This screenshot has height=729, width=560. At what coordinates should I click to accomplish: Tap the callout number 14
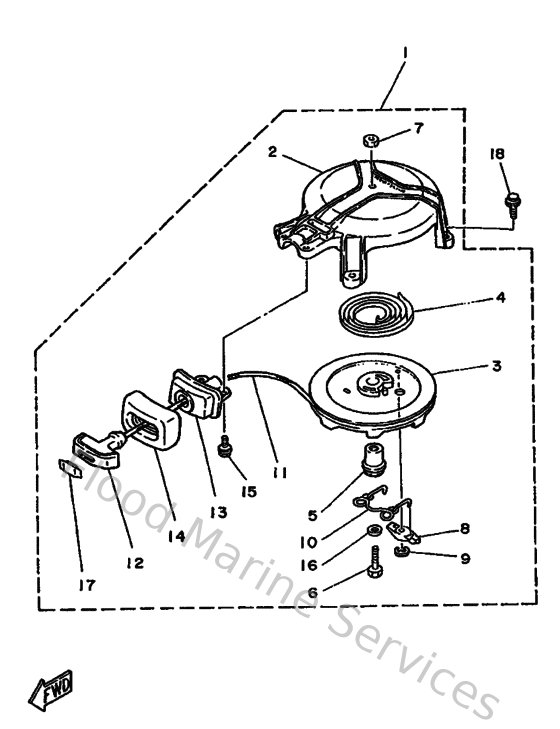click(177, 536)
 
